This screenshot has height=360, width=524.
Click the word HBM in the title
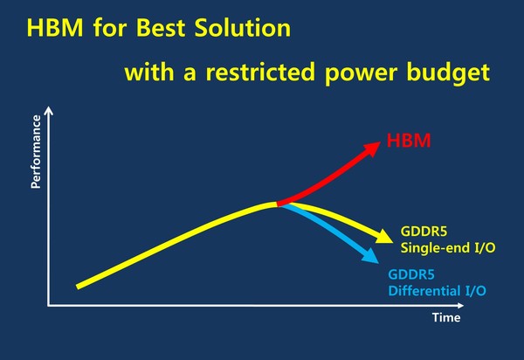55,27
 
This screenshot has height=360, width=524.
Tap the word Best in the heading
161,27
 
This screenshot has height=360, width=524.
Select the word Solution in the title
243,27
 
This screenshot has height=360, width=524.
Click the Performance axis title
36,152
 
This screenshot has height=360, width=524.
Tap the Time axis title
446,317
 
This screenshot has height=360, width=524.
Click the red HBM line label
409,141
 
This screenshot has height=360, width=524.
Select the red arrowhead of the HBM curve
372,148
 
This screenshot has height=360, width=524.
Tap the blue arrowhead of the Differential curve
370,256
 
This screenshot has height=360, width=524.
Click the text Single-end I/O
448,247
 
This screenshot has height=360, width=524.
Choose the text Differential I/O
438,290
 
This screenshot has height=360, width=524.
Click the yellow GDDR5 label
424,232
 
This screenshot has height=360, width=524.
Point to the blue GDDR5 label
411,274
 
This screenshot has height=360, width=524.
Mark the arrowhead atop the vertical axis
49,110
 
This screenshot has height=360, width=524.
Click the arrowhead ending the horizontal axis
460,305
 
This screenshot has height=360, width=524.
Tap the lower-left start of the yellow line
78,287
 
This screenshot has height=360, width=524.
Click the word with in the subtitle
149,72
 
